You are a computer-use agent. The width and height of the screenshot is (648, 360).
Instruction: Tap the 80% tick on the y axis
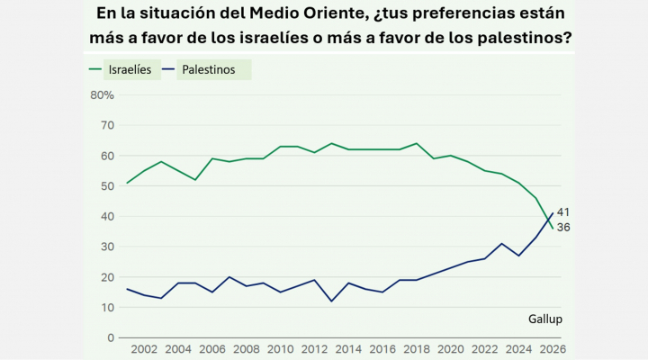click(x=102, y=94)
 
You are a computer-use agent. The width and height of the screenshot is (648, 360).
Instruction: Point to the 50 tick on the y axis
click(x=106, y=185)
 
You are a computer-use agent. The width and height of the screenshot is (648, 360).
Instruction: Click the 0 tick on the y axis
click(x=110, y=337)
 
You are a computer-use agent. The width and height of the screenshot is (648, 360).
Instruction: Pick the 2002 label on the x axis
click(x=144, y=350)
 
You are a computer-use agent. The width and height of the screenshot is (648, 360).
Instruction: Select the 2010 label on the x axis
click(x=280, y=350)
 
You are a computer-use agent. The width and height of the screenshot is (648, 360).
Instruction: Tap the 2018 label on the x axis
click(x=416, y=350)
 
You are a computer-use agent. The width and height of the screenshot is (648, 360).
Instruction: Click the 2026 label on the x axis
click(x=551, y=350)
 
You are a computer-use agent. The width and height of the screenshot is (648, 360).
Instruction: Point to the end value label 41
click(x=564, y=212)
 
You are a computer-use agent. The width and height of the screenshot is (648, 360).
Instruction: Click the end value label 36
click(x=564, y=228)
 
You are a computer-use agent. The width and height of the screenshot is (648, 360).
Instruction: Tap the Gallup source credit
click(x=546, y=319)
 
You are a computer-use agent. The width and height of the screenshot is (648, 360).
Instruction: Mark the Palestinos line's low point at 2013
click(x=331, y=301)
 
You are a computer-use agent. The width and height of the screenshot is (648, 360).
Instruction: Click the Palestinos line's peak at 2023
click(x=501, y=243)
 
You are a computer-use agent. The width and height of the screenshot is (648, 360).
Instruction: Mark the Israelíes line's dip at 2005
click(x=195, y=179)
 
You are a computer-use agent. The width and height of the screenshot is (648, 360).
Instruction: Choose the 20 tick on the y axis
click(x=106, y=276)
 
